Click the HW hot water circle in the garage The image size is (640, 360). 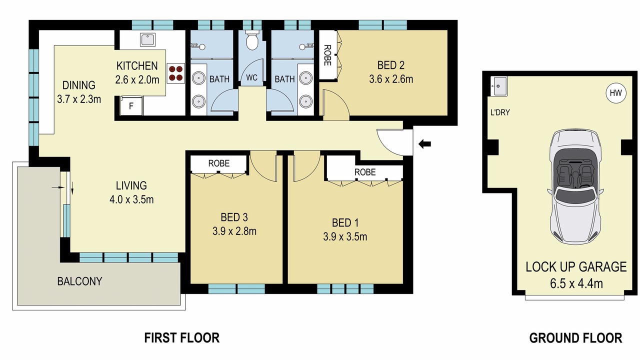(x=615, y=93)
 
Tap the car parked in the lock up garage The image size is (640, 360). (x=575, y=186)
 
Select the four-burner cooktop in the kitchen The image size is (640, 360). (x=175, y=73)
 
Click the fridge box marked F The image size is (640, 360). (x=131, y=106)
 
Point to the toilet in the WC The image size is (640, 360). (x=252, y=40)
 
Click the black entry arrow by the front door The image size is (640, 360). (x=424, y=144)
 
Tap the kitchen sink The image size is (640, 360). (x=147, y=39)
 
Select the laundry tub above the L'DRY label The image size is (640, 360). (x=499, y=86)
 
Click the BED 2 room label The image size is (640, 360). (x=391, y=65)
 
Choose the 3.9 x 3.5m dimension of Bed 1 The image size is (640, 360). (x=345, y=237)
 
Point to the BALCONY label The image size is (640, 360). (x=79, y=281)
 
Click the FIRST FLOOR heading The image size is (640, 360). (x=181, y=337)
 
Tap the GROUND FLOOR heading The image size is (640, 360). (x=575, y=338)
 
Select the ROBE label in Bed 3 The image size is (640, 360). (x=219, y=163)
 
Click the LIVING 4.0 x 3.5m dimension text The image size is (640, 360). (x=131, y=199)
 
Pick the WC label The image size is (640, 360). (x=251, y=77)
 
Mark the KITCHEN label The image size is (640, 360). (x=137, y=66)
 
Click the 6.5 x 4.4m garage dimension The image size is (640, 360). (x=576, y=283)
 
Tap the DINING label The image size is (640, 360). (x=79, y=85)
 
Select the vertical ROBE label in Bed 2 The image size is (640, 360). (x=327, y=55)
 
